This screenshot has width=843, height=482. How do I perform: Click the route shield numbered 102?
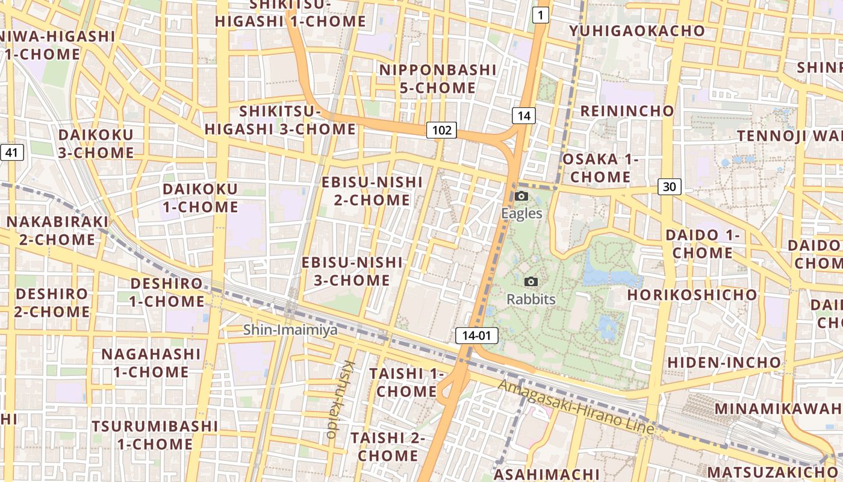pyautogui.click(x=441, y=130)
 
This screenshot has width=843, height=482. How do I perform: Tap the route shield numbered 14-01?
pyautogui.click(x=477, y=336)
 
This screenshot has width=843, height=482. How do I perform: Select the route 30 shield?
pyautogui.click(x=669, y=187)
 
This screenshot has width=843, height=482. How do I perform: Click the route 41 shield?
pyautogui.click(x=12, y=152)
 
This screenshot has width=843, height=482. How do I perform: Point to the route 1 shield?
pyautogui.click(x=541, y=16)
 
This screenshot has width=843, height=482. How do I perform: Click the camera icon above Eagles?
pyautogui.click(x=521, y=196)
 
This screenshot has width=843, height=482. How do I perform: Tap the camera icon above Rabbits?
pyautogui.click(x=530, y=281)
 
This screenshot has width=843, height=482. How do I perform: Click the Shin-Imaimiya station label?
pyautogui.click(x=290, y=330)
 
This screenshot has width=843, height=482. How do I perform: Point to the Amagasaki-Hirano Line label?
pyautogui.click(x=576, y=408)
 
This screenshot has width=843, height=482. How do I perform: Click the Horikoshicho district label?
pyautogui.click(x=692, y=295)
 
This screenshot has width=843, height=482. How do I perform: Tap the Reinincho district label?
pyautogui.click(x=627, y=111)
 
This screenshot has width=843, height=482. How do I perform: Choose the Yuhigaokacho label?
pyautogui.click(x=637, y=31)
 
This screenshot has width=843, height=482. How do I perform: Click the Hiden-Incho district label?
pyautogui.click(x=724, y=363)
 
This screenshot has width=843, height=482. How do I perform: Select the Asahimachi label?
pyautogui.click(x=546, y=474)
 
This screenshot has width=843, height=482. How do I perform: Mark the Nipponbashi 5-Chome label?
pyautogui.click(x=438, y=79)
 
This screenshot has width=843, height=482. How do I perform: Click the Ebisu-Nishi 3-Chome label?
pyautogui.click(x=352, y=271)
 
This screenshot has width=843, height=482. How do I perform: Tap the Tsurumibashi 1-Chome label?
pyautogui.click(x=155, y=435)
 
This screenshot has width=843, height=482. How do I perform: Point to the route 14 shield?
pyautogui.click(x=524, y=116)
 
